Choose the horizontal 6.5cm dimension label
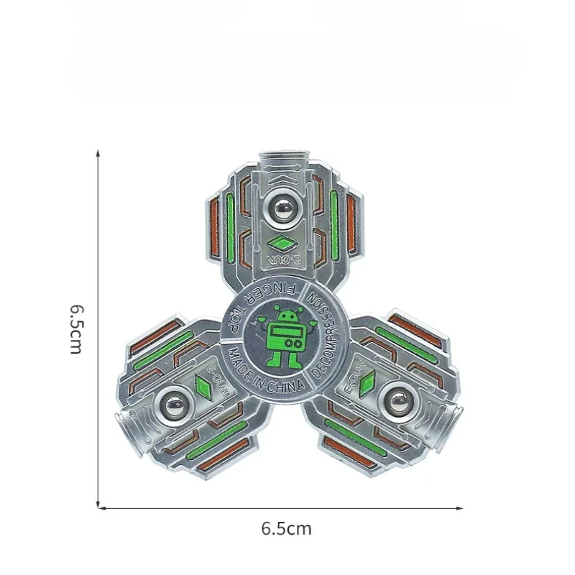(x=286, y=529)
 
